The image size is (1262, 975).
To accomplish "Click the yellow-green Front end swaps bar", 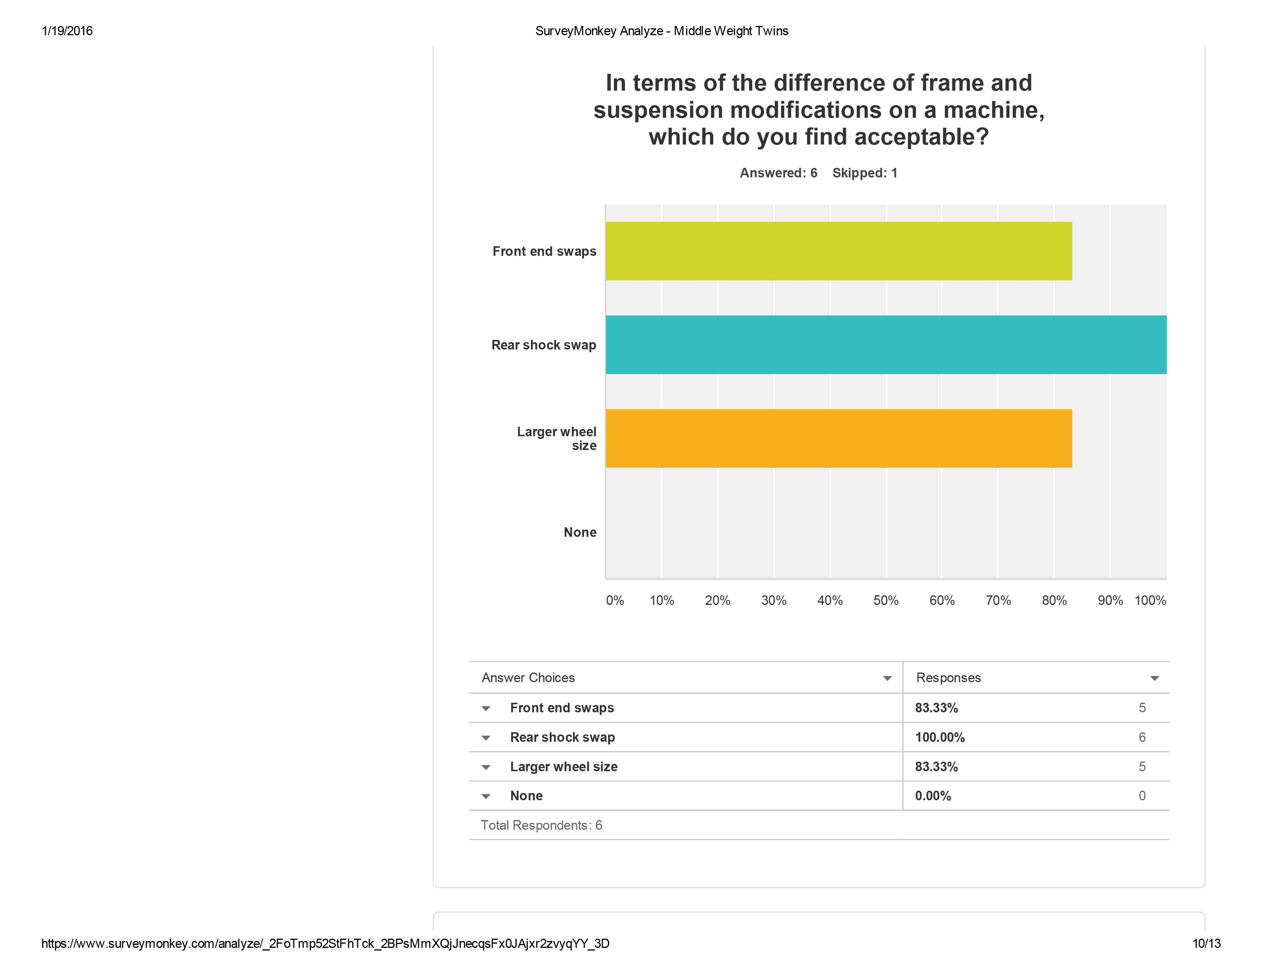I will [x=838, y=251].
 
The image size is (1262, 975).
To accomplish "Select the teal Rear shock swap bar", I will [x=885, y=345].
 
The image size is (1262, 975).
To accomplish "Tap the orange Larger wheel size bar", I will [x=838, y=439].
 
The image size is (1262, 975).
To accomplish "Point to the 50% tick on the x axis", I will [x=886, y=601].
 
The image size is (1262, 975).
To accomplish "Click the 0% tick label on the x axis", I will [x=615, y=601].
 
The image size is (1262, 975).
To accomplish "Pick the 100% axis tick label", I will [x=1150, y=601].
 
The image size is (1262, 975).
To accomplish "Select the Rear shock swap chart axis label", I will [x=543, y=345].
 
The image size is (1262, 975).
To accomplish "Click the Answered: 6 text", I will [x=778, y=173].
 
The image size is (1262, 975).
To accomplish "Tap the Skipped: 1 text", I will [x=864, y=173].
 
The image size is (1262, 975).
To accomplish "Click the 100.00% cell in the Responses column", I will [x=940, y=738].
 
